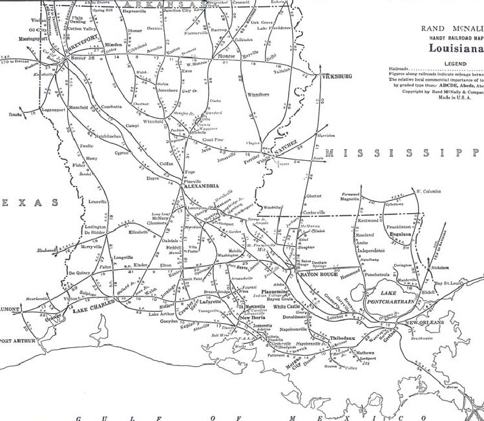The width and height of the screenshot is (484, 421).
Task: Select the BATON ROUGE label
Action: [x=319, y=276]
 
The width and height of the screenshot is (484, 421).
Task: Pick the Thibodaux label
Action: [x=344, y=338]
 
